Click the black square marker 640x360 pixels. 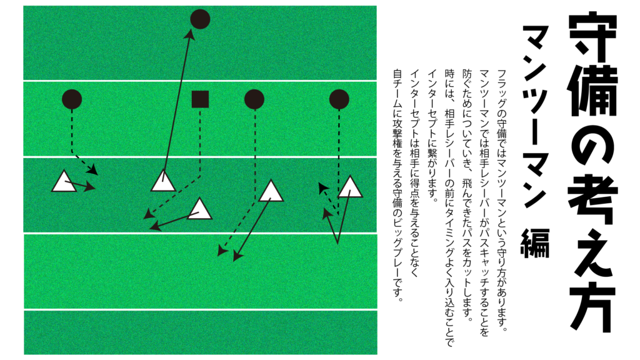coord(200,99)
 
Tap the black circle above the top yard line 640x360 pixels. coord(200,19)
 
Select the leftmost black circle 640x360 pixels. coord(72,99)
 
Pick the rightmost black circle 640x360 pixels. coord(339,99)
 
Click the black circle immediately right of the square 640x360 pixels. coord(254,99)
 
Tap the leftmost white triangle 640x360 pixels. coord(64,182)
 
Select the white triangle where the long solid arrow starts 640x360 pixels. coord(163,181)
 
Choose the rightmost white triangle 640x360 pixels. coord(351,187)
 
